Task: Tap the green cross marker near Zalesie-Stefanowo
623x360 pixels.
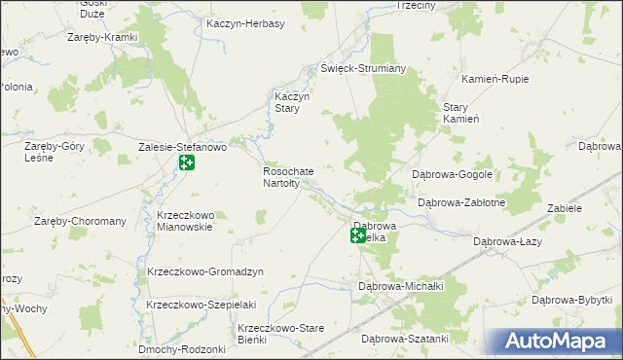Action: click(x=186, y=162)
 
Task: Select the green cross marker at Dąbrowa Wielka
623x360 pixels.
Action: click(x=359, y=235)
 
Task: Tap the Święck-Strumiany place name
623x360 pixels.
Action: click(x=363, y=70)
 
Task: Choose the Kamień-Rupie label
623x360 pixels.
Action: click(x=495, y=77)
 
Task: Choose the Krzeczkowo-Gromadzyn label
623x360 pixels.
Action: click(x=201, y=271)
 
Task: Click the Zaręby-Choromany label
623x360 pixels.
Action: click(x=81, y=221)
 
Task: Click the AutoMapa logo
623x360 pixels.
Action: click(x=558, y=342)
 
